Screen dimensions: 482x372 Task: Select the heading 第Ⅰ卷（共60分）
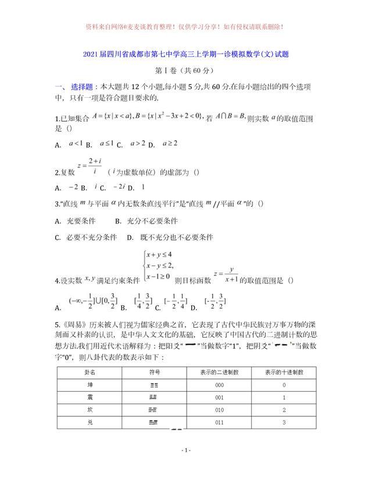185,71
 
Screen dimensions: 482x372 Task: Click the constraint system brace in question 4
145,265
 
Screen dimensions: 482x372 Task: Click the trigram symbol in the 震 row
154,398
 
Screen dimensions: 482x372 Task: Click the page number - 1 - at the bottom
186,451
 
